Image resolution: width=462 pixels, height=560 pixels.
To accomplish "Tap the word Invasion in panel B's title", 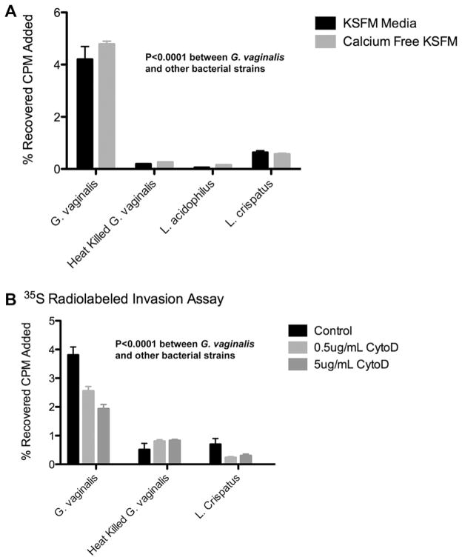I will pos(152,299).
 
